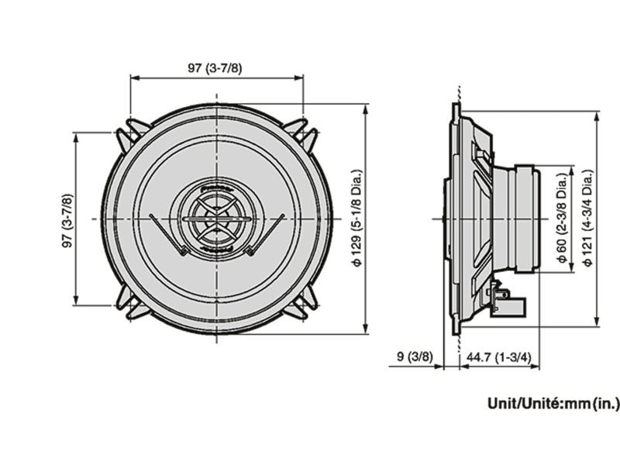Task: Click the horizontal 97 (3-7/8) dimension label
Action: click(x=215, y=68)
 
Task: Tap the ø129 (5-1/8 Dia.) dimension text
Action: click(x=356, y=219)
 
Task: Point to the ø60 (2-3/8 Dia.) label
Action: click(x=561, y=219)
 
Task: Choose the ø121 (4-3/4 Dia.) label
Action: click(x=588, y=219)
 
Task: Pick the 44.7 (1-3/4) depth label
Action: click(x=498, y=357)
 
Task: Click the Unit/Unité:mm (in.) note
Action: click(x=553, y=403)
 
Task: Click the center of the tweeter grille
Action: click(x=216, y=219)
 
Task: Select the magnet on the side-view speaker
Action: click(x=524, y=219)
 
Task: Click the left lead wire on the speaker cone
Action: click(x=166, y=233)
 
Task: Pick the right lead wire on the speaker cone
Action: click(x=267, y=233)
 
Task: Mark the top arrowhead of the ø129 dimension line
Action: click(x=365, y=108)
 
